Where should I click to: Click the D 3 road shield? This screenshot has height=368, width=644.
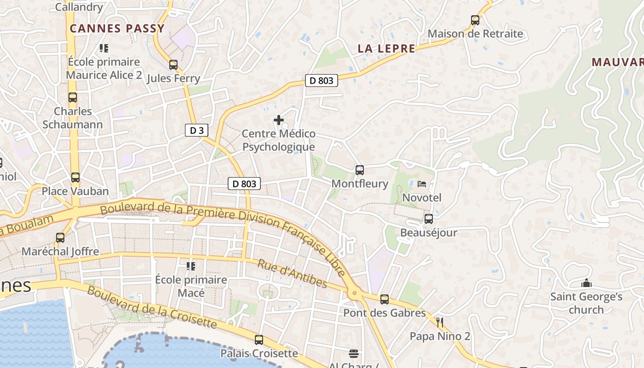click(196, 130)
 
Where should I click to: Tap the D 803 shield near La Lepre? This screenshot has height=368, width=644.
click(321, 80)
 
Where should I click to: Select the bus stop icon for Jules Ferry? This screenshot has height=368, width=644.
click(173, 65)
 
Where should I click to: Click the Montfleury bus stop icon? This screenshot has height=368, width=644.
click(360, 170)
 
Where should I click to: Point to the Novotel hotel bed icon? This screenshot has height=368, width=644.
click(422, 184)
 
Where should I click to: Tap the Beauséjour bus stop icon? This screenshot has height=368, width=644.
click(429, 219)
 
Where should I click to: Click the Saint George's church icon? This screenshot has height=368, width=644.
click(586, 283)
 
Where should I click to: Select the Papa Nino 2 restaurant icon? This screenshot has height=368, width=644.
click(440, 322)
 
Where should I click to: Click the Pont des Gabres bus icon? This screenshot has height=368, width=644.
click(385, 299)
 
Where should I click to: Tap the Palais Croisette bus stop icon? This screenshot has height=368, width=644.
click(259, 340)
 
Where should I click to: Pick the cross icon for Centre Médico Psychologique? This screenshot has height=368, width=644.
click(279, 120)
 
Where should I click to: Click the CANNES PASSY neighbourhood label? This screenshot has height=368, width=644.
click(117, 29)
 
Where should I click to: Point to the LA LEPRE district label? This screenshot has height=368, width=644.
click(386, 48)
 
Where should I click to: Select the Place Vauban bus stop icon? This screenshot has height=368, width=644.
click(75, 178)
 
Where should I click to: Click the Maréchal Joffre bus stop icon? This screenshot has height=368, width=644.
click(60, 238)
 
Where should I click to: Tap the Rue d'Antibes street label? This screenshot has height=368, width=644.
click(292, 274)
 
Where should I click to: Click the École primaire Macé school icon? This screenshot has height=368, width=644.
click(191, 266)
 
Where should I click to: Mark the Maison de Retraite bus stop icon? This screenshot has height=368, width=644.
click(475, 20)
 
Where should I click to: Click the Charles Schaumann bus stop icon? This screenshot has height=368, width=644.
click(73, 98)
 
